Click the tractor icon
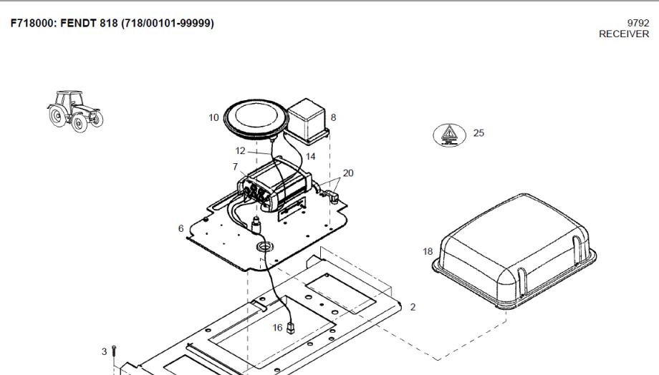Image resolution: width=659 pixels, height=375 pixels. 75,111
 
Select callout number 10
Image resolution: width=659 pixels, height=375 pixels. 214,117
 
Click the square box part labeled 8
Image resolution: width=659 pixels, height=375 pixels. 307,120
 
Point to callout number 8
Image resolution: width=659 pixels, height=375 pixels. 333,117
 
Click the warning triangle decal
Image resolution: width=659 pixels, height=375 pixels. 449,135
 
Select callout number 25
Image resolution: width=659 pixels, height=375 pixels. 478,132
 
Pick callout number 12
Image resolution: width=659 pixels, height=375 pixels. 241,150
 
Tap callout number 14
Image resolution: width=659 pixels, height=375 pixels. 311,157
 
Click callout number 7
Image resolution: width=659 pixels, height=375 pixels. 235,167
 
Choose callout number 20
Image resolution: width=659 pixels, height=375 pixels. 348,173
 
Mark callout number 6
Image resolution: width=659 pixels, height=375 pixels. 181,228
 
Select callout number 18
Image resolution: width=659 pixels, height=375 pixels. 428,251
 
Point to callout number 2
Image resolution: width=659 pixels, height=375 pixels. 413,308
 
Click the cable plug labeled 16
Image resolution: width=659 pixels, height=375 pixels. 290,328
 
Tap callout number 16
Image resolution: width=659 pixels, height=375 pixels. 277,328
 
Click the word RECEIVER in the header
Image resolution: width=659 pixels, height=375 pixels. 624,34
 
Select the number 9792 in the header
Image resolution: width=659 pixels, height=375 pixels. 638,23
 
